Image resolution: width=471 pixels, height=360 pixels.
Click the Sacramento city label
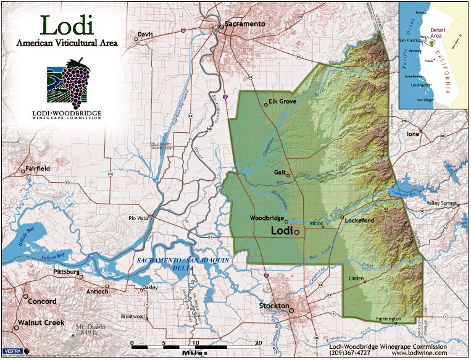pyautogui.click(x=245, y=23)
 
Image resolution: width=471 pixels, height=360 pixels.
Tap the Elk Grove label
pyautogui.click(x=283, y=101)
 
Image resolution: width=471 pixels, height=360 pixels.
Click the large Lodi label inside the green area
pyautogui.click(x=281, y=230)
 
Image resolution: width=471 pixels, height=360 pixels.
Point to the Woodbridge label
pyautogui.click(x=267, y=219)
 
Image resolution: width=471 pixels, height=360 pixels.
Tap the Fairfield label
pyautogui.click(x=38, y=169)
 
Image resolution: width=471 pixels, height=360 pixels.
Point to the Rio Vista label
pyautogui.click(x=140, y=218)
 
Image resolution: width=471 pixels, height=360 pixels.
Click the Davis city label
pyautogui.click(x=145, y=35)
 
